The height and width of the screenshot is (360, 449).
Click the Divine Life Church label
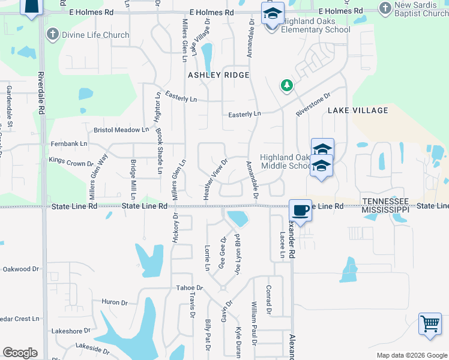click(x=96, y=35)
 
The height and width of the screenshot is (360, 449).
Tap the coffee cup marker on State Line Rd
click(x=300, y=211)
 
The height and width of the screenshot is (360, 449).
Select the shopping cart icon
click(x=430, y=324)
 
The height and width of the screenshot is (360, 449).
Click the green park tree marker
click(x=287, y=86)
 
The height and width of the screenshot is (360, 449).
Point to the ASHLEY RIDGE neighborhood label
click(x=218, y=75)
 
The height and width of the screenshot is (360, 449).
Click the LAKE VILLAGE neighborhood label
click(x=358, y=110)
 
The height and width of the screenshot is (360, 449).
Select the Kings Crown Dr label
click(x=71, y=161)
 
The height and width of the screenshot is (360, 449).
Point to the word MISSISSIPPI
click(x=385, y=209)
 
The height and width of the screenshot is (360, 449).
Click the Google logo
click(x=20, y=353)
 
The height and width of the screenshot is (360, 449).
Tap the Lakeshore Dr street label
click(x=70, y=331)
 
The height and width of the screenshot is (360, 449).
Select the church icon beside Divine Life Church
click(x=52, y=34)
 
